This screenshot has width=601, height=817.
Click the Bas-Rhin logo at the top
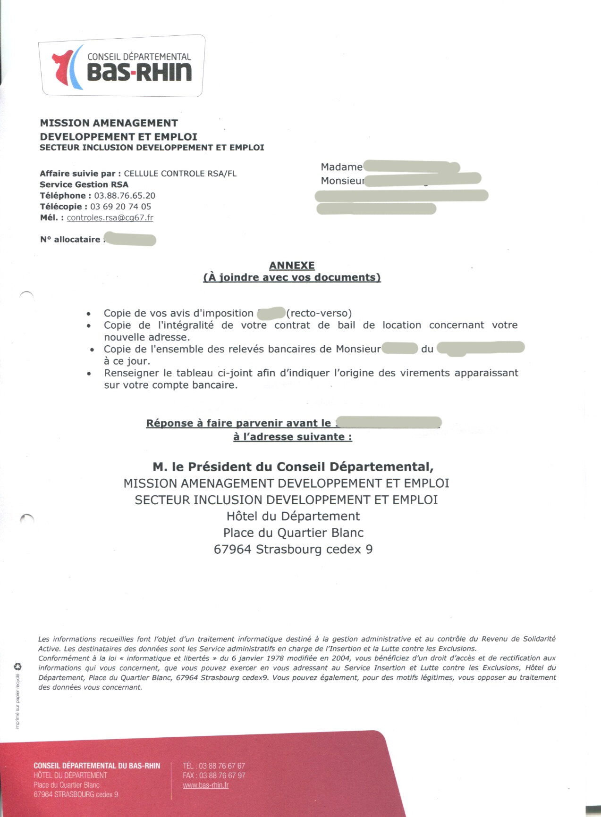(122, 67)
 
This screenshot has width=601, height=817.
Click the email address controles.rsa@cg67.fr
(110, 217)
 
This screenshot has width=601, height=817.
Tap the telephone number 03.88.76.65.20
(125, 195)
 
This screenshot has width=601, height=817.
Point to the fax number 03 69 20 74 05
(120, 206)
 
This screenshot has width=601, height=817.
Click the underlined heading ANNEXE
(292, 266)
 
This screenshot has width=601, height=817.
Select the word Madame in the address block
(341, 167)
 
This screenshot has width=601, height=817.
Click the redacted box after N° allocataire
(130, 239)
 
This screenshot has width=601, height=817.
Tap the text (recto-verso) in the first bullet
(319, 313)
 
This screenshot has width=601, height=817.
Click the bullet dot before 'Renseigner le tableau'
(89, 373)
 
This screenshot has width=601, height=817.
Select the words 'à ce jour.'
(127, 361)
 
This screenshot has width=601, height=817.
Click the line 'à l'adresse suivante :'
(292, 437)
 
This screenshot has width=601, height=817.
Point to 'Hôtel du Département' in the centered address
(293, 516)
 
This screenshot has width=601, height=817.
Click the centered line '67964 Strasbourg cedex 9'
(293, 549)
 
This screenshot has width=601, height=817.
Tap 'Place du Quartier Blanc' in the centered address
(293, 533)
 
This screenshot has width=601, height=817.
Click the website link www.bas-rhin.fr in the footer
(206, 785)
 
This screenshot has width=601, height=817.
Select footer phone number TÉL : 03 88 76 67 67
(214, 766)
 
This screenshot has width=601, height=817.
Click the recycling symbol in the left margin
(18, 667)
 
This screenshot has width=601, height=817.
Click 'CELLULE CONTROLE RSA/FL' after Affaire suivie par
(180, 173)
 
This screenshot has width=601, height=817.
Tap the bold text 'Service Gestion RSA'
(84, 184)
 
